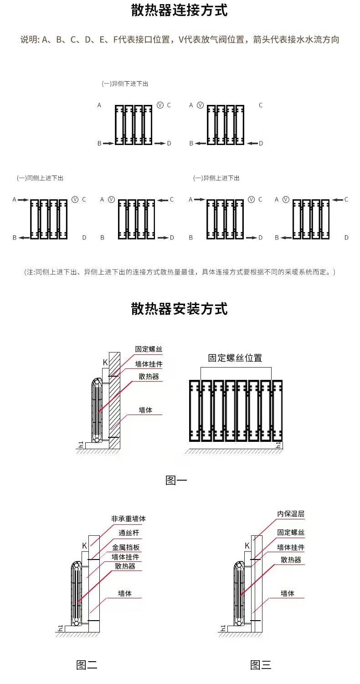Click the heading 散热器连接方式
pos(180,10)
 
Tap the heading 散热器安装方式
pos(180,309)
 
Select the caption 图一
pos(176,480)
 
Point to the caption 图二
pos(87,665)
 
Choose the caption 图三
pos(261,665)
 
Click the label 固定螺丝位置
pos(235,358)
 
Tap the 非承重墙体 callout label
pos(129,519)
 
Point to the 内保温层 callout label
pos(291,514)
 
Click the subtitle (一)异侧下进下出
pos(125,84)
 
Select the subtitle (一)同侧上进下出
pos(40,178)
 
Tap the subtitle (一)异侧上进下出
pos(216,178)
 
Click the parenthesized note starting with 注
pos(180,272)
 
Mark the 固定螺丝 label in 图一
pos(149,349)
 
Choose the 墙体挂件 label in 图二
pos(126,557)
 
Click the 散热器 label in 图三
pos(291,560)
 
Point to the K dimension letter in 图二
pos(84,545)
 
